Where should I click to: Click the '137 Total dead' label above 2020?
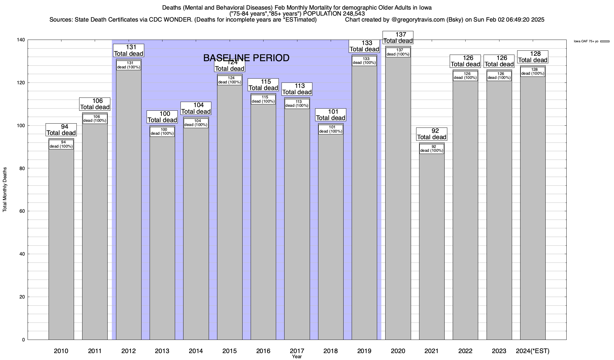coord(398,38)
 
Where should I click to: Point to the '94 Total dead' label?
coord(61,130)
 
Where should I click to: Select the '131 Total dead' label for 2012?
coord(129,50)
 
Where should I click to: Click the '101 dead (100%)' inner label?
coord(331,129)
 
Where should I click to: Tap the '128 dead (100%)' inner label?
coord(533,72)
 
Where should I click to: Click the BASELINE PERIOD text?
coord(246,58)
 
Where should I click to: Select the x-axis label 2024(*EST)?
coord(532,351)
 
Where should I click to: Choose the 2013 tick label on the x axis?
coord(162,351)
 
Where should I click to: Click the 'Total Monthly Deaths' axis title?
coord(5,190)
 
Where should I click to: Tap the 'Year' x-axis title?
coord(297,357)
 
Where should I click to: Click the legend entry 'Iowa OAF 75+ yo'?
coord(586,41)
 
